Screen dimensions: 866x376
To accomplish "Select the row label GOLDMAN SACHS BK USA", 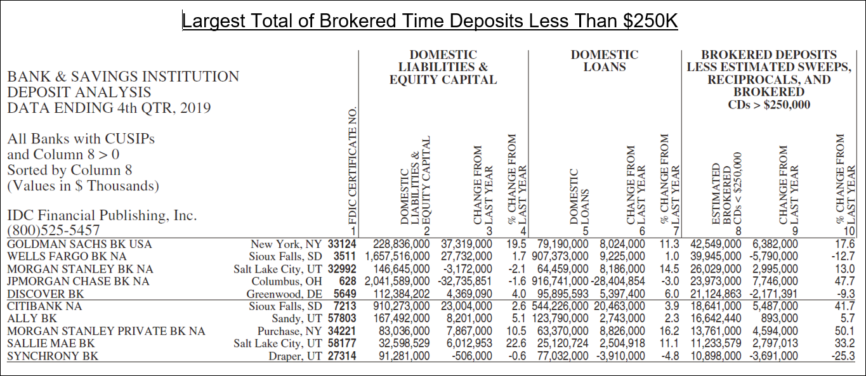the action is (80, 244).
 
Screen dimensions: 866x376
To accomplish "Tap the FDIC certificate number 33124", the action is (342, 244).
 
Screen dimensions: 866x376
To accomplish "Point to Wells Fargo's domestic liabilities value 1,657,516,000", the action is (397, 257).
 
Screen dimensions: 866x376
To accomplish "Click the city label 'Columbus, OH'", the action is (287, 282).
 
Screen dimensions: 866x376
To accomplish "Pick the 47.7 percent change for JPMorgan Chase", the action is (844, 282).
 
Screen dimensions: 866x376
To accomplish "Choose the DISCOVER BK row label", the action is (46, 294).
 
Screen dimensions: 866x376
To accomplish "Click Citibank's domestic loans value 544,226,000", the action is (560, 306).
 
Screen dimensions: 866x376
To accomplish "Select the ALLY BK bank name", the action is (32, 318).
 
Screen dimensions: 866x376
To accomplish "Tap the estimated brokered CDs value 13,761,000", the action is (716, 331).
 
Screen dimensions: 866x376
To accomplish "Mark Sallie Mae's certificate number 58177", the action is (342, 344).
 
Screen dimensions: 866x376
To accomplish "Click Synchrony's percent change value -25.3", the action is (843, 356).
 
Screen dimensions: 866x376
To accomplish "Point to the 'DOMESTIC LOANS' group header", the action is (605, 61).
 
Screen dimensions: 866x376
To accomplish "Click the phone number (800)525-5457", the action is (53, 231).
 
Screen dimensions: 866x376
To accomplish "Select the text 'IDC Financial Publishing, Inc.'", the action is (102, 215).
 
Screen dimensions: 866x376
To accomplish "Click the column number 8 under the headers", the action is (738, 231).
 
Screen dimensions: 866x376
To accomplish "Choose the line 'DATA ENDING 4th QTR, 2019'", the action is (109, 108).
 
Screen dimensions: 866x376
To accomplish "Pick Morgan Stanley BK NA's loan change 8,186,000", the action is (622, 269).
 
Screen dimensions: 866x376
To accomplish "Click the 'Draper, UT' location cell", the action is (296, 356).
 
